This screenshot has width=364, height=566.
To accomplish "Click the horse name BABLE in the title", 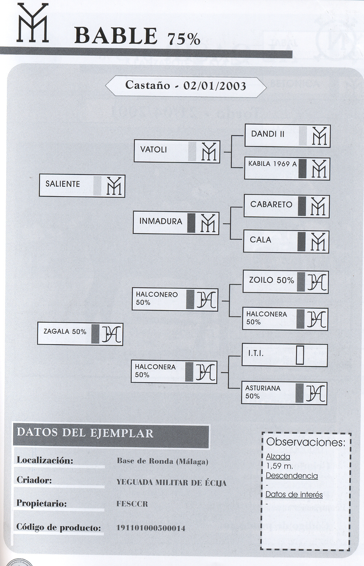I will tap(116, 36).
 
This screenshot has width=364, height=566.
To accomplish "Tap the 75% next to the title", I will tap(184, 39).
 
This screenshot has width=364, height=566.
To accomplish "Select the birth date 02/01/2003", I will tap(215, 86).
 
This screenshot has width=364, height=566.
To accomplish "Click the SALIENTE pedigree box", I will tap(82, 186).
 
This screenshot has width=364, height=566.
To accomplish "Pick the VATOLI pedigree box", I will tap(177, 151).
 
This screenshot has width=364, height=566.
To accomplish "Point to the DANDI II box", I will tap(287, 136).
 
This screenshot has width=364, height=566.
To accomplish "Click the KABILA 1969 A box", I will tap(287, 168).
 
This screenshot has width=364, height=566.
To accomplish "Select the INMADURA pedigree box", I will tap(176, 223).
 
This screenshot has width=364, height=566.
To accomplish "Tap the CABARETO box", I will tap(287, 206).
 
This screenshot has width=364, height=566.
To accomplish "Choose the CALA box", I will tap(286, 242).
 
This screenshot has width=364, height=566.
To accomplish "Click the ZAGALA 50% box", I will tap(80, 334).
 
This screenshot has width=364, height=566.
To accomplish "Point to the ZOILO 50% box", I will tap(285, 282).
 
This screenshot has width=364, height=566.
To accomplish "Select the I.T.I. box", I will tap(284, 355).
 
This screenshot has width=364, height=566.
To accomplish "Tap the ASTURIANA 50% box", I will tap(284, 393).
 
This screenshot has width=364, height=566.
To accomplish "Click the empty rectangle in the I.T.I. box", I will tap(300, 355).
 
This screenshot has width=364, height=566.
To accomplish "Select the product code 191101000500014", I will tap(151, 528).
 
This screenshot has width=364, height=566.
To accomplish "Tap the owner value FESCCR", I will tap(132, 504).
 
